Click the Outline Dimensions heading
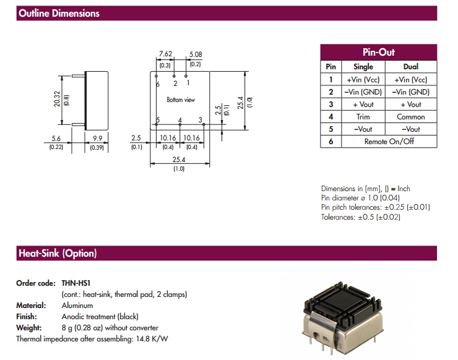[x=59, y=14]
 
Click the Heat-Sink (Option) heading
[x=58, y=254]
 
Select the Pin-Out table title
[x=378, y=53]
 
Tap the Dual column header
[x=410, y=67]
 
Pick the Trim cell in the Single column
[x=363, y=116]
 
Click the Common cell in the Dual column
[x=410, y=116]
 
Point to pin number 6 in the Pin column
[x=331, y=141]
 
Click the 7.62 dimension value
[x=165, y=54]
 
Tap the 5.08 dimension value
[x=195, y=54]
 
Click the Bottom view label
[x=180, y=100]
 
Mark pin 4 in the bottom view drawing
[x=180, y=119]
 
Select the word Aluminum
[x=77, y=306]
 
